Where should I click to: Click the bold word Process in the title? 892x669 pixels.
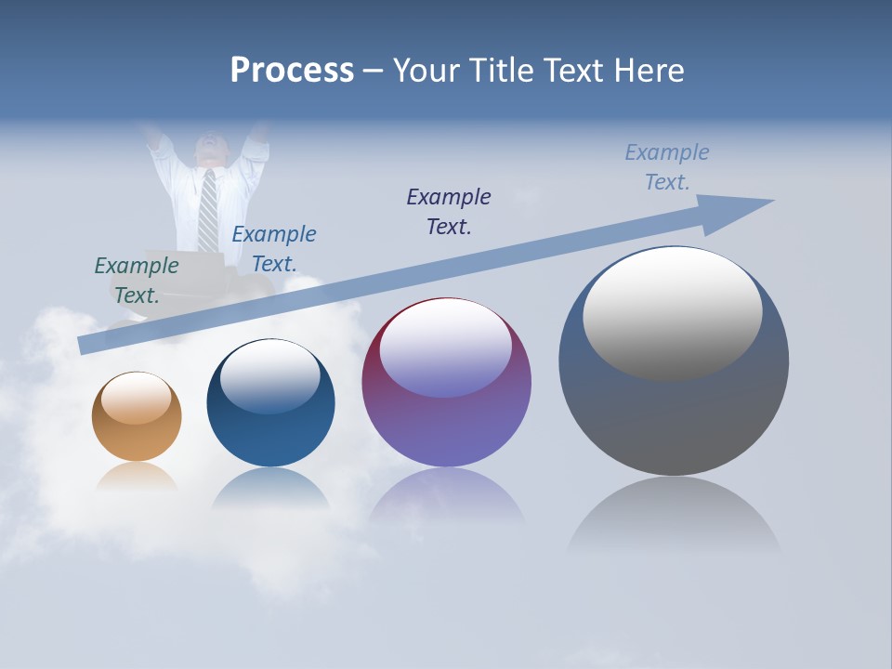(292, 71)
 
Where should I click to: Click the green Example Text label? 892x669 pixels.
(137, 281)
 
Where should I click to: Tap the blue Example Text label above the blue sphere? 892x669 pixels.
(274, 249)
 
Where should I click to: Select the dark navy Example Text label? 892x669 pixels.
(449, 212)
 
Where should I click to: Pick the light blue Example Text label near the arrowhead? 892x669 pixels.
(667, 167)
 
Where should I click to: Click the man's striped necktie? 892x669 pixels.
(208, 210)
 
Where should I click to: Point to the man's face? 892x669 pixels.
(210, 149)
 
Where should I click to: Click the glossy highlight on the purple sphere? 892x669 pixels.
(445, 346)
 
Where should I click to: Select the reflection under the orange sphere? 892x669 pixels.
(137, 476)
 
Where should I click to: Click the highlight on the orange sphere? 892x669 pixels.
(137, 397)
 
